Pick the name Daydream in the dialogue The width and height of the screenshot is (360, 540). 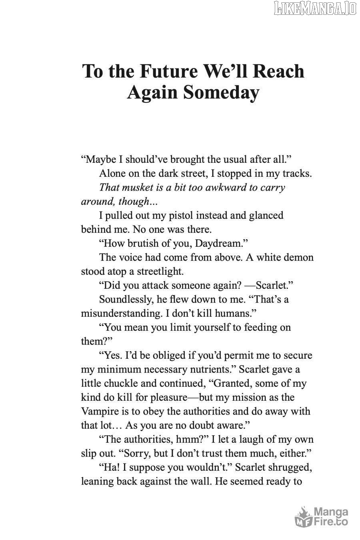[x=216, y=243]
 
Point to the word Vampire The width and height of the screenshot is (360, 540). [x=101, y=411]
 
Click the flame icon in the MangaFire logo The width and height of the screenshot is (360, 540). [x=303, y=516]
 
